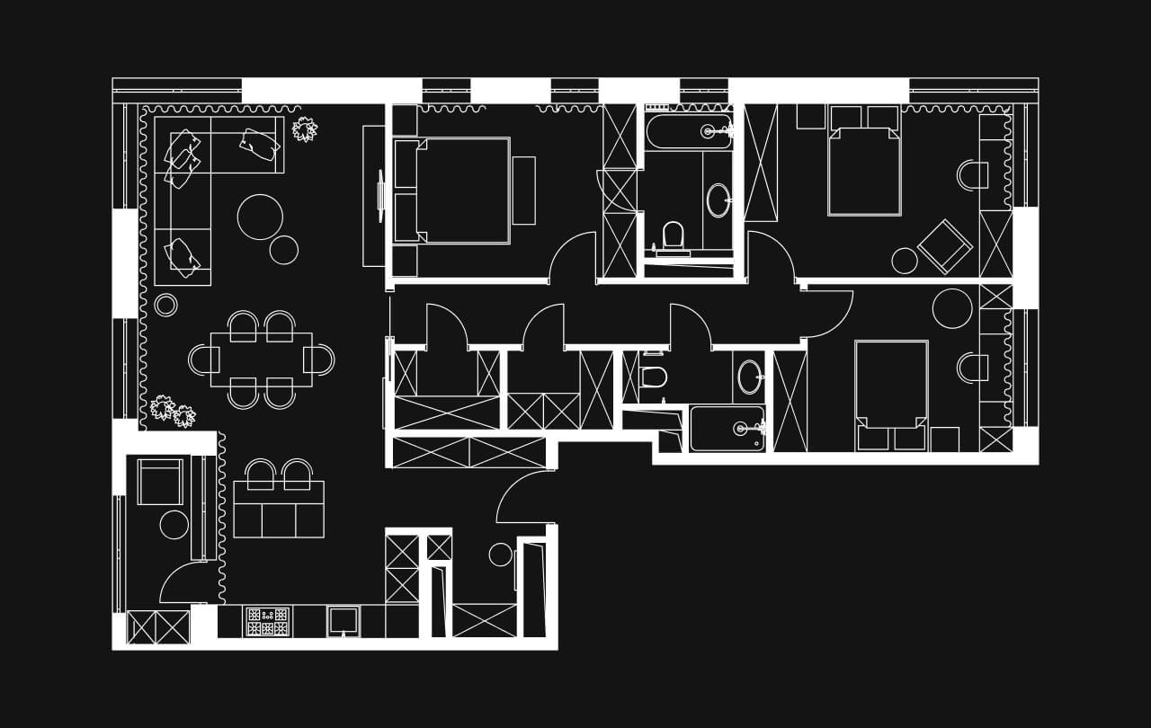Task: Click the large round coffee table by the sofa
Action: [x=260, y=217]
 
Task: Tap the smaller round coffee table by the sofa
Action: [x=284, y=250]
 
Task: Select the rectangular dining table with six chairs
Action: [x=261, y=360]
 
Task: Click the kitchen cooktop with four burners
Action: [x=268, y=621]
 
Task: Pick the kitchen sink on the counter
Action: [x=343, y=620]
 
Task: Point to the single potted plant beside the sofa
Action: [x=305, y=129]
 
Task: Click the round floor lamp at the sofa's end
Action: [x=166, y=305]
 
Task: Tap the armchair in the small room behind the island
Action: [x=160, y=482]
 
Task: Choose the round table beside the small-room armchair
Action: [x=174, y=525]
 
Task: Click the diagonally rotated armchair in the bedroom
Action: [x=944, y=245]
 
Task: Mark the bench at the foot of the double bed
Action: [x=523, y=191]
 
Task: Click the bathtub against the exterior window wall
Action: [x=689, y=131]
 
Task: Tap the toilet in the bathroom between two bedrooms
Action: [x=673, y=237]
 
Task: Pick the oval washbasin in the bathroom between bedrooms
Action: [x=718, y=200]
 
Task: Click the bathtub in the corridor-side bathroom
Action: [x=727, y=429]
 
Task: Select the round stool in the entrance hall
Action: [x=500, y=555]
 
